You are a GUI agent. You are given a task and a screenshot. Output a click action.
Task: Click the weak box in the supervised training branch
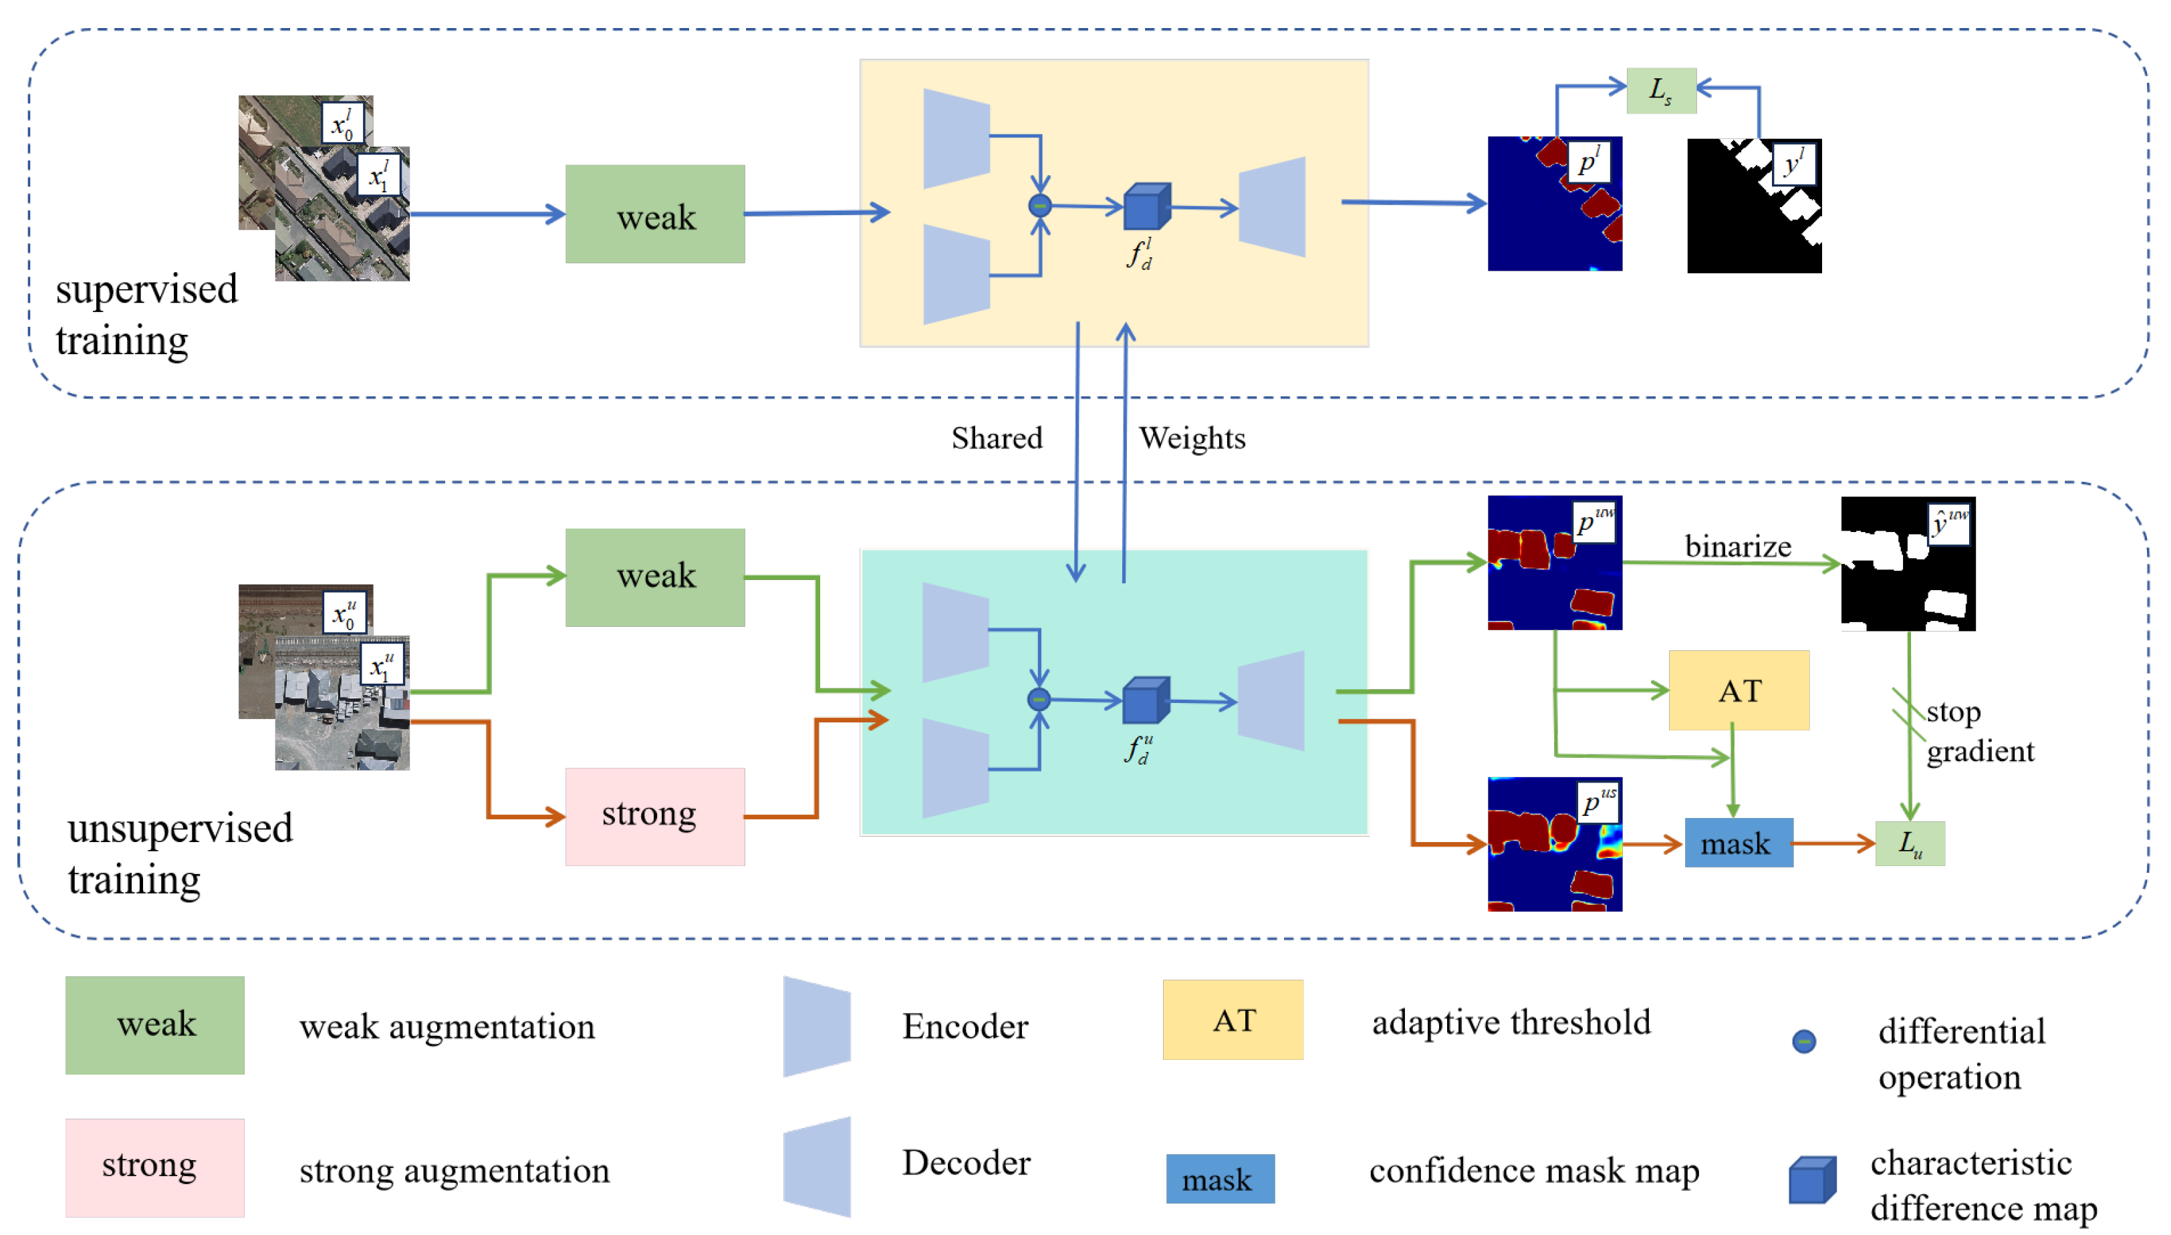[655, 214]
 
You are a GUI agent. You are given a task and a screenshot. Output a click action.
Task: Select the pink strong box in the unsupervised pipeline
[655, 816]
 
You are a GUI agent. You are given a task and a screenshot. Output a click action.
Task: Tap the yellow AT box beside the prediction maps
[1739, 690]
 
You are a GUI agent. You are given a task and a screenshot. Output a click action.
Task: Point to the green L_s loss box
[1660, 90]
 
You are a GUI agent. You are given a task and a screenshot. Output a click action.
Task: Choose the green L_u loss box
[1909, 843]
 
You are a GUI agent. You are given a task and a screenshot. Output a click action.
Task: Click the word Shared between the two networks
[996, 438]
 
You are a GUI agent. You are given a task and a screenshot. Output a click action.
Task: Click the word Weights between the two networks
[1191, 438]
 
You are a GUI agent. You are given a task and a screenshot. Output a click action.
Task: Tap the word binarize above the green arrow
[1737, 546]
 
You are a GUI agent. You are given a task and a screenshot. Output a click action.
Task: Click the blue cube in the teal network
[1145, 700]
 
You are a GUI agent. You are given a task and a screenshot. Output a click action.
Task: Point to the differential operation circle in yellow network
[1039, 205]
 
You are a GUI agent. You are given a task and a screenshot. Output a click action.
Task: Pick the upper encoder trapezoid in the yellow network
[956, 138]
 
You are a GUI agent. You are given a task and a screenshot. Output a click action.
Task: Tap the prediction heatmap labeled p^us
[1554, 844]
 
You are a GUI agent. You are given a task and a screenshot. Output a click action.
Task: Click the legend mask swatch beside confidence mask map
[1219, 1178]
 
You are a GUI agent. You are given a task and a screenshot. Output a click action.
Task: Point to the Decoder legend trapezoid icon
[817, 1166]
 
